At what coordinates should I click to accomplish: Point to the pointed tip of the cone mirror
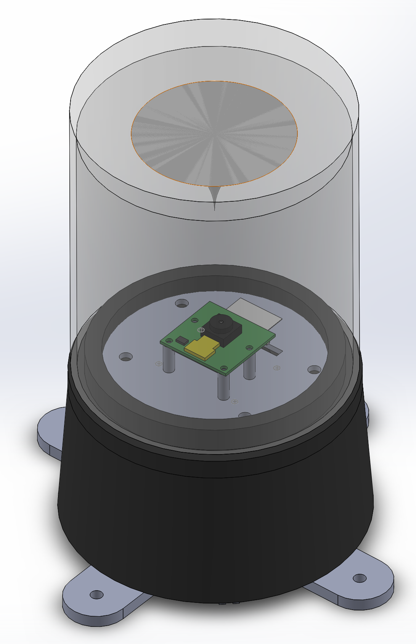[x=214, y=208]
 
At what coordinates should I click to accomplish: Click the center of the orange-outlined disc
[x=214, y=133]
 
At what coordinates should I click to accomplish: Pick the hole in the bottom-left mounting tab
[x=96, y=594]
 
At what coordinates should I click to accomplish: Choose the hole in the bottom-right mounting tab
[x=359, y=578]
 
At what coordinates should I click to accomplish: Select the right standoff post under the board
[x=249, y=368]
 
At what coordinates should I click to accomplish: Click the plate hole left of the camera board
[x=126, y=357]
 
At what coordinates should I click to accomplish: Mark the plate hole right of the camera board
[x=314, y=369]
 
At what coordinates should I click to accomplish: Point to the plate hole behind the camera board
[x=182, y=304]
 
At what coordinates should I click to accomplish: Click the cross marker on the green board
[x=200, y=330]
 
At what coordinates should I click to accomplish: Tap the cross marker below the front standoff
[x=235, y=401]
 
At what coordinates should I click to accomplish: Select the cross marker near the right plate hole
[x=277, y=368]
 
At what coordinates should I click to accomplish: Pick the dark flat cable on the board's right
[x=275, y=350]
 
